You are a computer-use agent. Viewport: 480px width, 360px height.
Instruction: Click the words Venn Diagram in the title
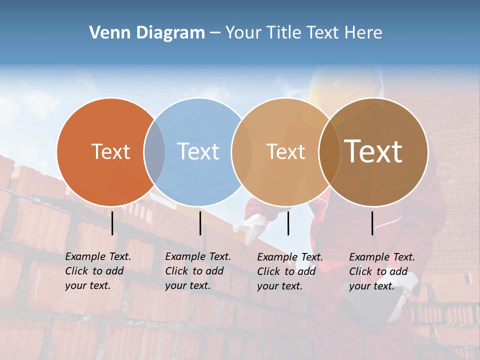click(x=146, y=33)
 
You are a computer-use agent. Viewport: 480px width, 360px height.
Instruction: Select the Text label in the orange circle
click(x=110, y=151)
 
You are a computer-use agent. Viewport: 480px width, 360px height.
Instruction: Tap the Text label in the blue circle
click(x=198, y=151)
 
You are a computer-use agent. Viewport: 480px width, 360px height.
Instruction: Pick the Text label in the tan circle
click(x=285, y=151)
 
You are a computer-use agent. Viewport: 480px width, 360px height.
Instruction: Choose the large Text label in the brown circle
click(x=373, y=151)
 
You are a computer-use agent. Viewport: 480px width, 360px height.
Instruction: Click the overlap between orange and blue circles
click(x=154, y=152)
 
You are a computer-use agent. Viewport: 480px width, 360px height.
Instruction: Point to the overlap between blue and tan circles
click(x=242, y=152)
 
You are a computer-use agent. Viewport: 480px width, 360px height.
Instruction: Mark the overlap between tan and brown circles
click(x=329, y=152)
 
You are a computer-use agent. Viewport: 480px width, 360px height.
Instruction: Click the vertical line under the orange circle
click(x=112, y=223)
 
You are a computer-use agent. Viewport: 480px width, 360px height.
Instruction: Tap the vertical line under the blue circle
click(x=200, y=223)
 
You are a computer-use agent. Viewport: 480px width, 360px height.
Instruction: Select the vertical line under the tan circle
click(x=288, y=223)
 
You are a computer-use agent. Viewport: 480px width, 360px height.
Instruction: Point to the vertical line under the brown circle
click(x=372, y=223)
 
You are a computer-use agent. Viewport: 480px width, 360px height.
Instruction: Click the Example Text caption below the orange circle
click(x=98, y=271)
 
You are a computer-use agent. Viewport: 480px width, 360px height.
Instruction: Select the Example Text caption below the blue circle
click(x=198, y=271)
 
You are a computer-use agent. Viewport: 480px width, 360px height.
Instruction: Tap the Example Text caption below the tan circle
click(x=290, y=271)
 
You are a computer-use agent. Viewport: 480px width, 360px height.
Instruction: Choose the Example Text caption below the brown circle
click(x=382, y=271)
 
